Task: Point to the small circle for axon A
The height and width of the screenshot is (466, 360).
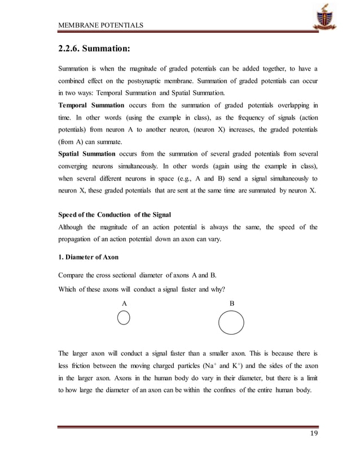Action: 124,318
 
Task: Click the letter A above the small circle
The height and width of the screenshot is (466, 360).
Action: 125,303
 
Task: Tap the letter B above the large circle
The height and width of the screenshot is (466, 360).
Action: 231,303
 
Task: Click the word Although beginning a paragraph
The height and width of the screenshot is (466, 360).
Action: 76,227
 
